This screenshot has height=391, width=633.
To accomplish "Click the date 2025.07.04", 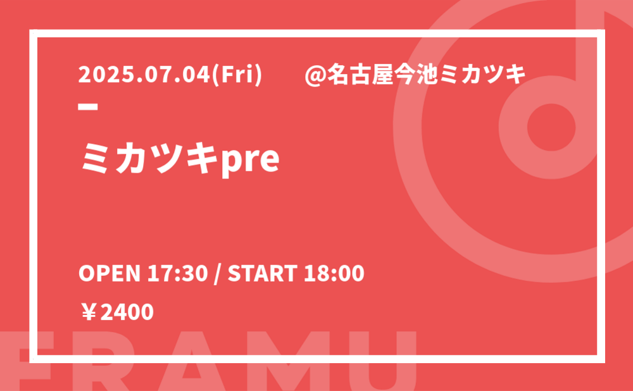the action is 144,75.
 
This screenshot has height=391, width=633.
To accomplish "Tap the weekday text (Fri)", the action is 237,75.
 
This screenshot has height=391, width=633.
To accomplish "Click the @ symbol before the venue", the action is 315,75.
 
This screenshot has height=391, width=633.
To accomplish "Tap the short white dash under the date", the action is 88,107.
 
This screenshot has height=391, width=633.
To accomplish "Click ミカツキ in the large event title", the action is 149,159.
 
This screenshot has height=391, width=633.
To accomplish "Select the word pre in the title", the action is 250,160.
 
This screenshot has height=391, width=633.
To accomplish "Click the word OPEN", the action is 109,273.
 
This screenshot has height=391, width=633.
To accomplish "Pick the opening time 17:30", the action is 177,273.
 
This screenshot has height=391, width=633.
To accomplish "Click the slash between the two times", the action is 218,274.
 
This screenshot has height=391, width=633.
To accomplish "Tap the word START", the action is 263,273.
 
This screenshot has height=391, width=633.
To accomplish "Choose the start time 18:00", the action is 334,273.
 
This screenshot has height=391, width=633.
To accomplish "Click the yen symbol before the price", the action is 89,313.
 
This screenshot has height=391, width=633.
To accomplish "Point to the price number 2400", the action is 127,313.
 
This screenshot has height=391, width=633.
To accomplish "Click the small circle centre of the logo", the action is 551,127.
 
